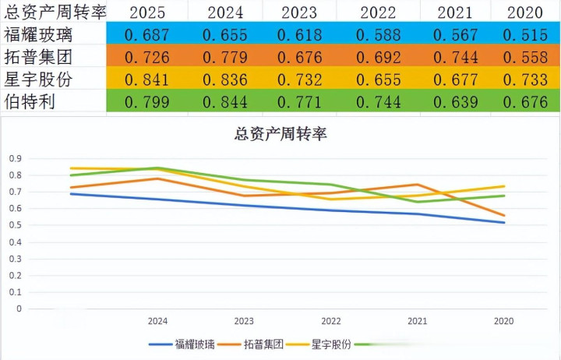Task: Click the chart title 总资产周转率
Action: pyautogui.click(x=280, y=134)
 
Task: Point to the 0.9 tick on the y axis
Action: pyautogui.click(x=15, y=158)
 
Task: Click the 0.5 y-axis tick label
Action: pyautogui.click(x=15, y=225)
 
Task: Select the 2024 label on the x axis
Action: pyautogui.click(x=157, y=320)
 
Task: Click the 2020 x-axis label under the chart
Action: pyautogui.click(x=504, y=320)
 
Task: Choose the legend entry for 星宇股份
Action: pyautogui.click(x=330, y=344)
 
